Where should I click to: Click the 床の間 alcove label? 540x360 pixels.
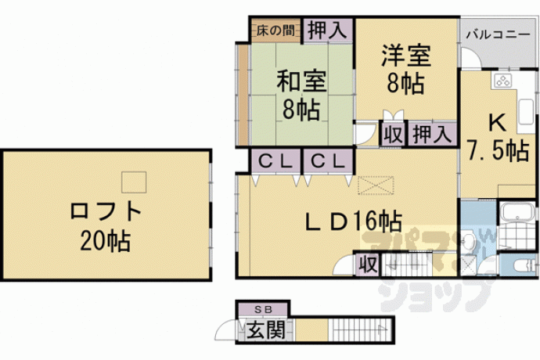click(275, 31)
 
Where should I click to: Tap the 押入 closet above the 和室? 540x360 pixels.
click(327, 31)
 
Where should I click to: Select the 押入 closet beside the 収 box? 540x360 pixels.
click(432, 135)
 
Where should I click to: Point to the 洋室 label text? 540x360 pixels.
click(406, 56)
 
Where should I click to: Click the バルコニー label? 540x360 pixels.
click(499, 34)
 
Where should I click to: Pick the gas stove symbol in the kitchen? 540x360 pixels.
click(502, 81)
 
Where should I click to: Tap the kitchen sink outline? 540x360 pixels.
click(526, 111)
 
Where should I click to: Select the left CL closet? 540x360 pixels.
click(275, 161)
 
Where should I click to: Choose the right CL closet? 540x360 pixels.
click(328, 161)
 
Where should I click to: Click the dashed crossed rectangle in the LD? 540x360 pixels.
click(376, 185)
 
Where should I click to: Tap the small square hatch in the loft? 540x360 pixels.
click(134, 182)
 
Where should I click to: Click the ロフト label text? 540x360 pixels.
click(106, 211)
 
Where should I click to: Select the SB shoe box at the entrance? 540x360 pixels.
click(263, 309)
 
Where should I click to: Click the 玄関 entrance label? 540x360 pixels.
click(266, 330)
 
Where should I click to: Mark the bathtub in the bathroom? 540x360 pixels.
click(517, 211)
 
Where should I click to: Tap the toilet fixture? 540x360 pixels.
click(524, 265)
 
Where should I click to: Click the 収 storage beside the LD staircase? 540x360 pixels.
click(368, 265)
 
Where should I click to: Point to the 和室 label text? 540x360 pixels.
click(301, 81)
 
